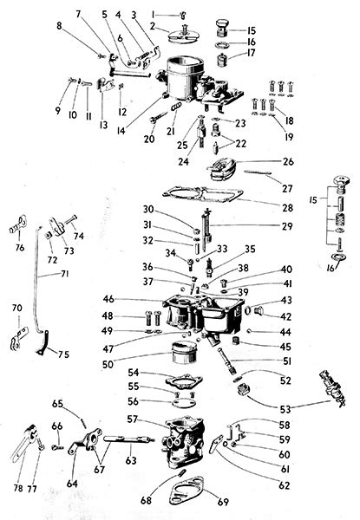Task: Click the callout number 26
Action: click(x=288, y=161)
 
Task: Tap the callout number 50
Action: click(x=108, y=364)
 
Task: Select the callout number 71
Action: click(x=65, y=274)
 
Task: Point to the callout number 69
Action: click(x=223, y=502)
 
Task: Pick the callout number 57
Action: click(x=133, y=419)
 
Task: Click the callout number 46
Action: click(x=108, y=299)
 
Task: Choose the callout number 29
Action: click(x=287, y=226)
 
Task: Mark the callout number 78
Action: click(x=18, y=488)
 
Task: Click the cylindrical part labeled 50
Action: click(x=184, y=353)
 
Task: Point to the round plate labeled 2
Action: click(x=184, y=36)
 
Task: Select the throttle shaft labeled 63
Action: click(x=129, y=439)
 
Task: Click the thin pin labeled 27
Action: click(x=259, y=172)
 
